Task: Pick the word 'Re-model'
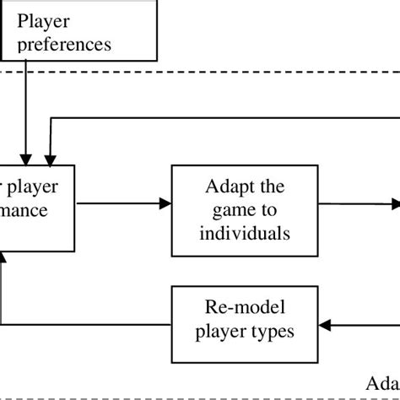click(233, 305)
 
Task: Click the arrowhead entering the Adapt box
click(164, 203)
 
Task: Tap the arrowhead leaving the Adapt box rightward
click(394, 203)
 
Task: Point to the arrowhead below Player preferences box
click(27, 158)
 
